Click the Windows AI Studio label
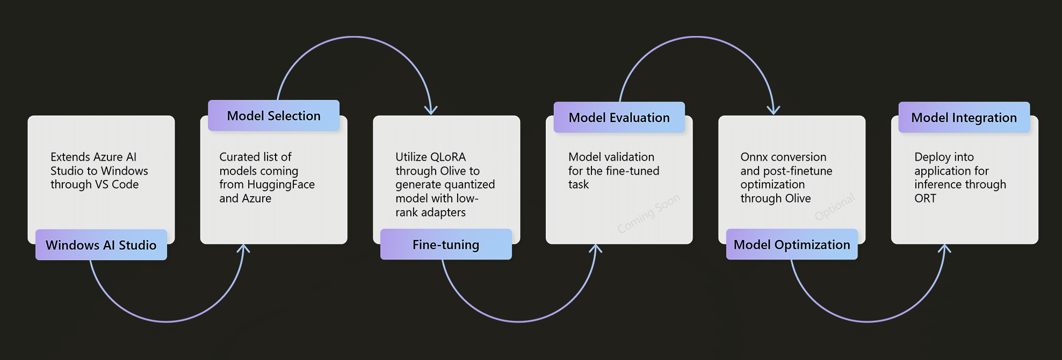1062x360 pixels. coord(101,245)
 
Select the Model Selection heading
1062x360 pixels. coord(273,116)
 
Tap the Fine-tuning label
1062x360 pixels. coord(446,244)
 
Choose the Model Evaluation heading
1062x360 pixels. coord(619,117)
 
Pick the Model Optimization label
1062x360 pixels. coord(792,244)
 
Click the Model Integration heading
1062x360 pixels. coord(964,117)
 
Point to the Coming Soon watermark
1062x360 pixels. coord(648,213)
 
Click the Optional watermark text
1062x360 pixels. coord(835,207)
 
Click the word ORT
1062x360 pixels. coord(925,198)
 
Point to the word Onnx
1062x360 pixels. coord(754,157)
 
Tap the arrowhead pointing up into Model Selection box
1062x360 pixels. coord(243,249)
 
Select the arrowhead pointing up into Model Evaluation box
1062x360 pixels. coord(595,249)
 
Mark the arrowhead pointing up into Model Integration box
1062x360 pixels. coord(944,249)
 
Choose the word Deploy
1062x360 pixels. coord(930,157)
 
